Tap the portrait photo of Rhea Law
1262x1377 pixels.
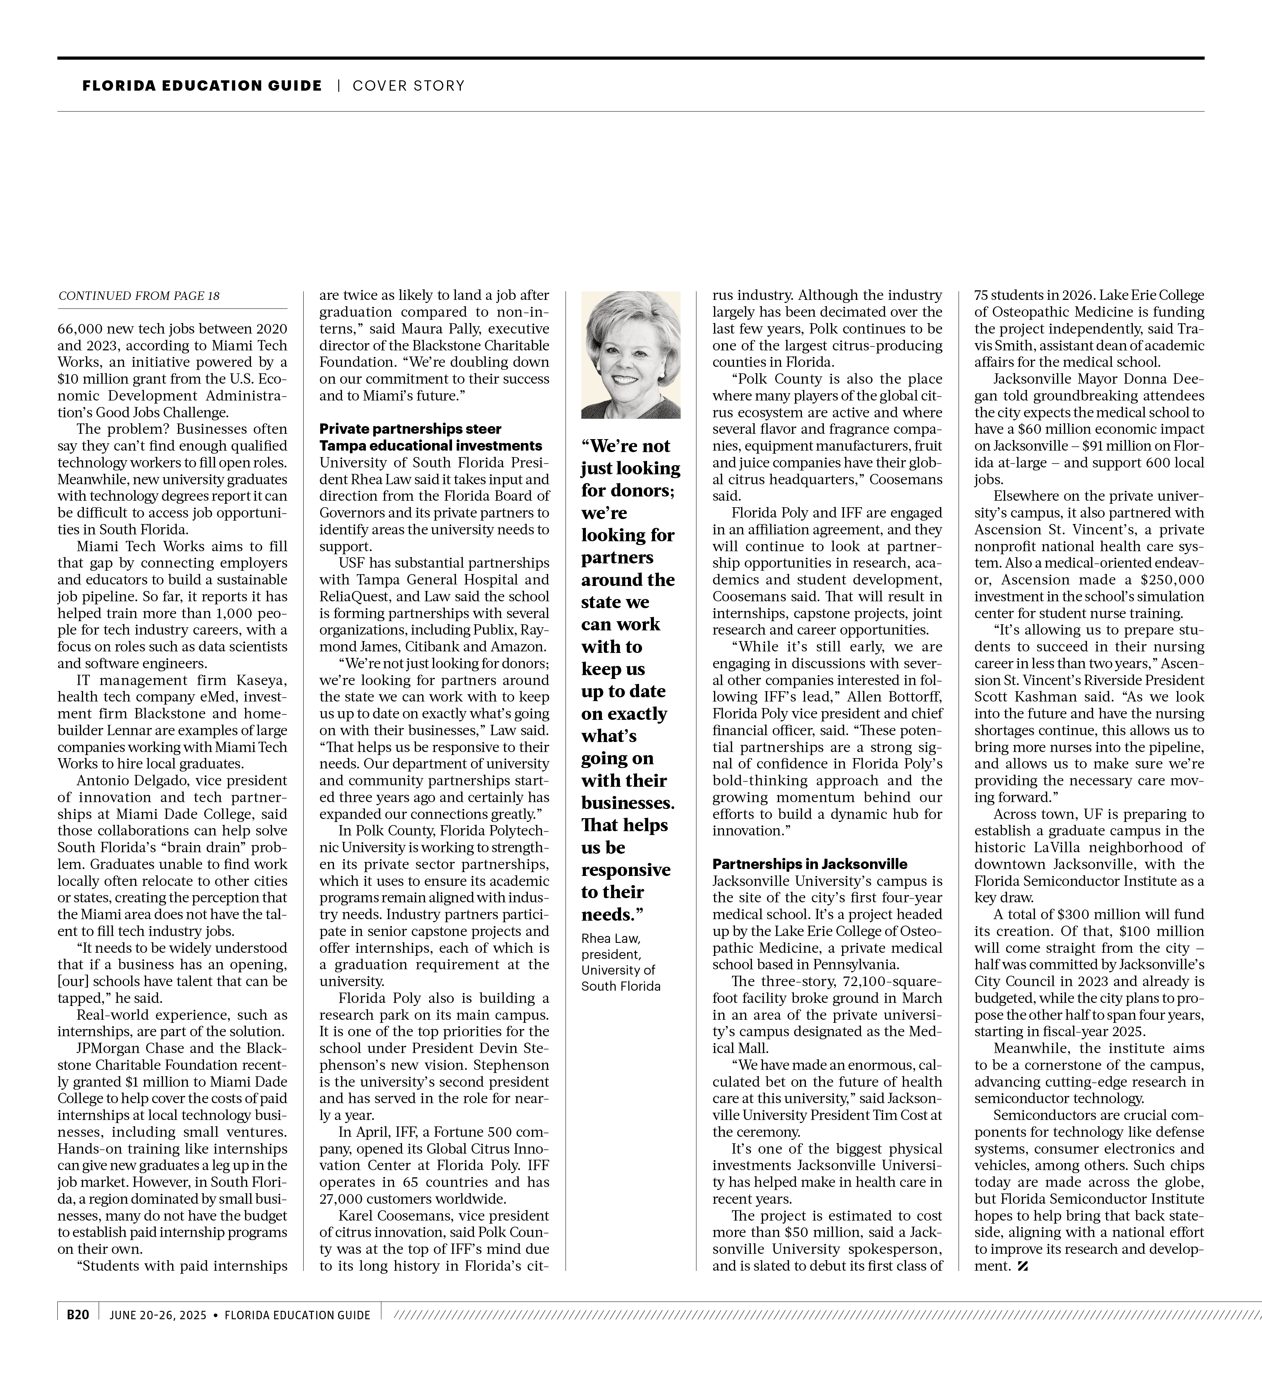pyautogui.click(x=630, y=355)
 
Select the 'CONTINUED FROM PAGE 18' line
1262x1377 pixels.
pyautogui.click(x=139, y=296)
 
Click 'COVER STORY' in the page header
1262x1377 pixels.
pyautogui.click(x=408, y=86)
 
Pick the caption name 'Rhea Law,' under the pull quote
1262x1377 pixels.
pyautogui.click(x=610, y=939)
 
